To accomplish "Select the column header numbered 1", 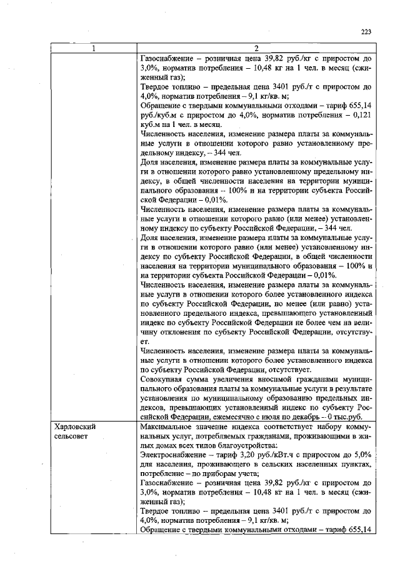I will tap(93, 49).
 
